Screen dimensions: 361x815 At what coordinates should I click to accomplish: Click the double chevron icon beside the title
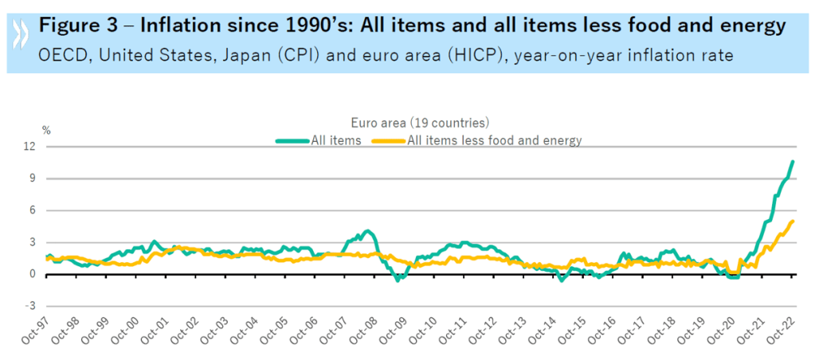coord(19,38)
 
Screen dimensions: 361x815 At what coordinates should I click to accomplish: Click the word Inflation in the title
coord(180,26)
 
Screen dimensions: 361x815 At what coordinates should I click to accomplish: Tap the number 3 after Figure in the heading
coord(115,26)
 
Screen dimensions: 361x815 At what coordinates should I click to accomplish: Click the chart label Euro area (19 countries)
coord(420,124)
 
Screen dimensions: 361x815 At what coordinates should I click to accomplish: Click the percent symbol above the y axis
coord(46,130)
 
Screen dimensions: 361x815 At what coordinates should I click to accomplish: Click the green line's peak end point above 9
coord(793,162)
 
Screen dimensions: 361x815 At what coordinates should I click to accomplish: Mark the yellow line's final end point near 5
coord(793,221)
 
